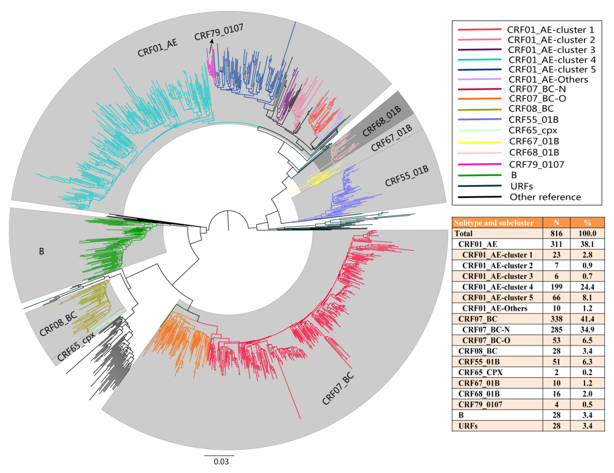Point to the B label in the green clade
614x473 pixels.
tap(42, 251)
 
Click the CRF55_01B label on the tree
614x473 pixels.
tap(407, 176)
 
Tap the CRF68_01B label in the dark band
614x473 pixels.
tap(382, 121)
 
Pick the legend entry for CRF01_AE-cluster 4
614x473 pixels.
tap(552, 60)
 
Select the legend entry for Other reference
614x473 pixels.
tap(545, 197)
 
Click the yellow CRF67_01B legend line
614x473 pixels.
tap(479, 142)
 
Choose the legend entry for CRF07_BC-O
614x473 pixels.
tap(537, 98)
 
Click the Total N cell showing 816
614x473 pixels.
tap(556, 233)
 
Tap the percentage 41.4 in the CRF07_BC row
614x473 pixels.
tap(587, 319)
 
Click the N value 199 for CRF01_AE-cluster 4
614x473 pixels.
tap(556, 287)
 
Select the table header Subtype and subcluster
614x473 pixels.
tap(494, 223)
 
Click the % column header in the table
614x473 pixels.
tap(587, 223)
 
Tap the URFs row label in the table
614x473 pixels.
tap(468, 426)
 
